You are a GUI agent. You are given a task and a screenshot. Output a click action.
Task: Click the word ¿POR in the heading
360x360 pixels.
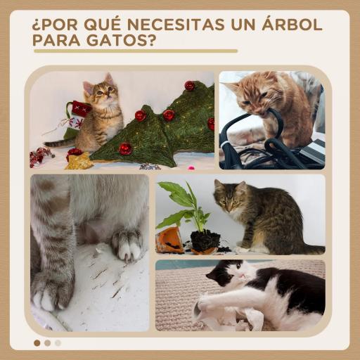(56, 25)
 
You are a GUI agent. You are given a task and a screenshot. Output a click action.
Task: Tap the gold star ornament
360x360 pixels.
(79, 161)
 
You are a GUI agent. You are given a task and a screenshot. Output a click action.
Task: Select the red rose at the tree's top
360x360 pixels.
(189, 85)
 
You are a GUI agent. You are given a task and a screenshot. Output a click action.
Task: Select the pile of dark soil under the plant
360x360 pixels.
(205, 242)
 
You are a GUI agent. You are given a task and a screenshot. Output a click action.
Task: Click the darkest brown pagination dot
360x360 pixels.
(37, 343)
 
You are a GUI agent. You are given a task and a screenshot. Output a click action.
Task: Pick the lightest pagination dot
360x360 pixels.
(58, 343)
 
